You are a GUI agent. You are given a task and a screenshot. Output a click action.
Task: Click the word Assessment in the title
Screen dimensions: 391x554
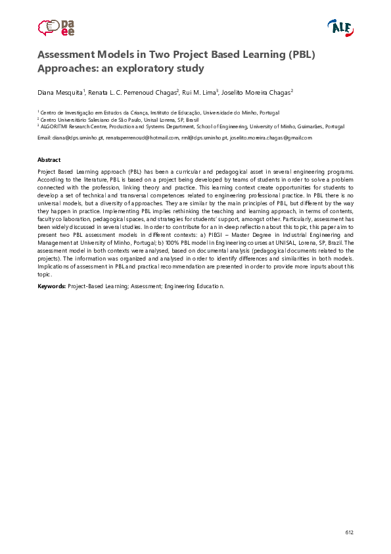click(70, 55)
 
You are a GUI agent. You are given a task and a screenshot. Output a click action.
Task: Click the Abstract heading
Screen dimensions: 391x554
click(49, 160)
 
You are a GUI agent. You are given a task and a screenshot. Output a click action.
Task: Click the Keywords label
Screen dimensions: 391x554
click(51, 286)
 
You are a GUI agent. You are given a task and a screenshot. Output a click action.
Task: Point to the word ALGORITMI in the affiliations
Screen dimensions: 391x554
click(57, 126)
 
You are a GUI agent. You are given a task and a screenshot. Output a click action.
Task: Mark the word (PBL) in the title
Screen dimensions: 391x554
click(300, 55)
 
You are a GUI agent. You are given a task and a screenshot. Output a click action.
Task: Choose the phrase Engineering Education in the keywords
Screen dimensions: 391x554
click(194, 286)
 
